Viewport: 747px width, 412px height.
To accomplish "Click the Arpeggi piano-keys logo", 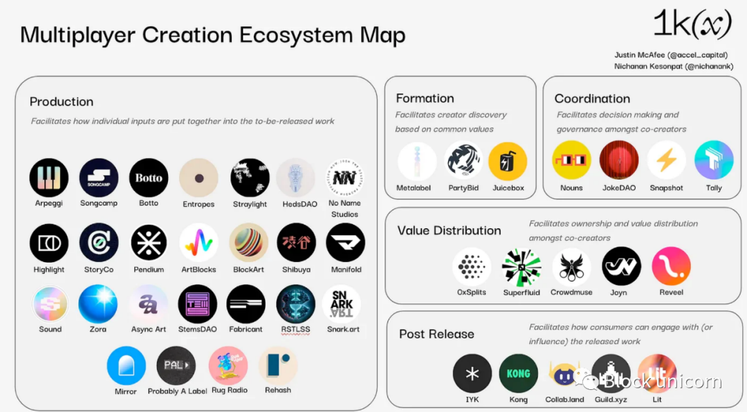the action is coord(48,178).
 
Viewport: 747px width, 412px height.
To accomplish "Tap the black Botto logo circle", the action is coord(149,178).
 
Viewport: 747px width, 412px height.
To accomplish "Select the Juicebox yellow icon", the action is coord(508,162).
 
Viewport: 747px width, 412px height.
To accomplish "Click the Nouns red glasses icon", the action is coord(571,160).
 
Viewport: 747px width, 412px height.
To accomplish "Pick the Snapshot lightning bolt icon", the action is coord(667,160).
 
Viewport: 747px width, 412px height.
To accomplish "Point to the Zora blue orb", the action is coord(98,304).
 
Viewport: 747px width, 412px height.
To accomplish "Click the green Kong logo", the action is coord(518,374).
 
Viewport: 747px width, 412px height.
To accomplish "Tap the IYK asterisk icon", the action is coord(472,374).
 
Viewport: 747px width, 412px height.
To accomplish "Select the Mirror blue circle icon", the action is coord(126,366).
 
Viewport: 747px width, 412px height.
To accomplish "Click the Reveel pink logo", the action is coord(671,266).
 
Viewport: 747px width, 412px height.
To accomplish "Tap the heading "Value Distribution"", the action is coord(450,230).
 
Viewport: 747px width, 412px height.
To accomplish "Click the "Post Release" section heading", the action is coord(437,334).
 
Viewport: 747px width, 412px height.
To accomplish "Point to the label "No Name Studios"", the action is coord(344,209).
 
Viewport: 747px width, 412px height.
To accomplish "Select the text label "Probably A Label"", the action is coord(177,391).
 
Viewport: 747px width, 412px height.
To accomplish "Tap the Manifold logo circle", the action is coord(345,243).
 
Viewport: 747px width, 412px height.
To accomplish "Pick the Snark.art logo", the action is coord(342,304).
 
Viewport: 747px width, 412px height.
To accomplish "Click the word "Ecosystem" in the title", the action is coord(296,35).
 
